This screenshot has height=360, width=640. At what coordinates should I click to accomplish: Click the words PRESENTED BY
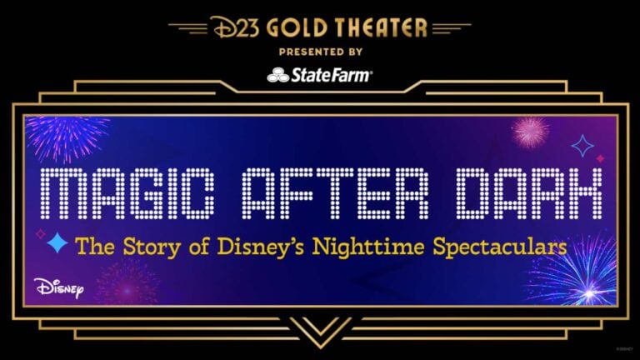(319, 51)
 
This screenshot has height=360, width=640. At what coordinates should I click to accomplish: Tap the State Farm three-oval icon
(277, 76)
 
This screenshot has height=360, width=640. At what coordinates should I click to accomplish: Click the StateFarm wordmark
(331, 76)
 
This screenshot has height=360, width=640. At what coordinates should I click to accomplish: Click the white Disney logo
(59, 287)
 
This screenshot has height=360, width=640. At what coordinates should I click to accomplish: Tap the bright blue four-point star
(57, 242)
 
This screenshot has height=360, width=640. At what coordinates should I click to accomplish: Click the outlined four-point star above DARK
(582, 146)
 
